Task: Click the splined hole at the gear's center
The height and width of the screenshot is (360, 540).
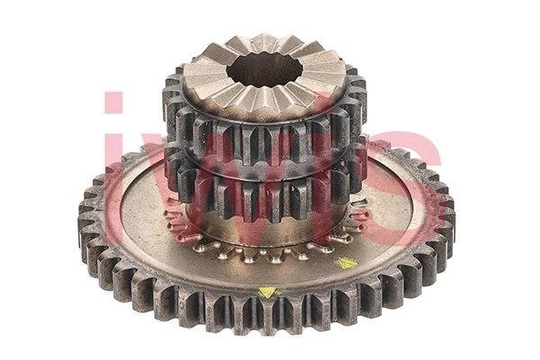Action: pos(265,69)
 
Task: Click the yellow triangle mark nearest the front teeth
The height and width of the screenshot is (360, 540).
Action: pos(267,292)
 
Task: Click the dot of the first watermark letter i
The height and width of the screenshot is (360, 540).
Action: pos(113,102)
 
